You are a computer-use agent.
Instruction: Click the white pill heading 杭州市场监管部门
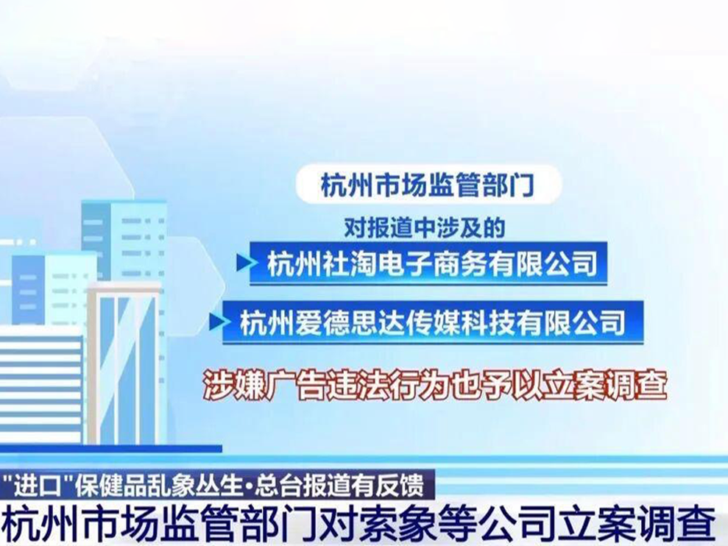(428, 185)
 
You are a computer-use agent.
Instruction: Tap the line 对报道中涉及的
(424, 227)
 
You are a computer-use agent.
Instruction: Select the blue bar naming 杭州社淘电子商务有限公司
(428, 263)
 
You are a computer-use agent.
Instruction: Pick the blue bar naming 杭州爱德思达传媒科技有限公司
(433, 322)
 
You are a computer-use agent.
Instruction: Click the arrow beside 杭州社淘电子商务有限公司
(245, 263)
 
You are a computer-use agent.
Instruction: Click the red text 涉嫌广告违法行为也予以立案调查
(436, 384)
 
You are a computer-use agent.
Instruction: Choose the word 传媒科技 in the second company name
(461, 322)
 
